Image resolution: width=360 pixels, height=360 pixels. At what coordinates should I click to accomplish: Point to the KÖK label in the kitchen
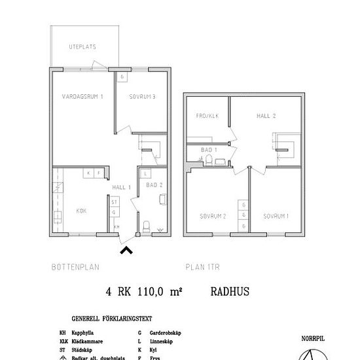pyautogui.click(x=81, y=211)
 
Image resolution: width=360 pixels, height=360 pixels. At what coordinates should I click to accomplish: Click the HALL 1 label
pyautogui.click(x=122, y=188)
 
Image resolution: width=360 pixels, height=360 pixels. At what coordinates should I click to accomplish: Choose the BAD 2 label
pyautogui.click(x=154, y=186)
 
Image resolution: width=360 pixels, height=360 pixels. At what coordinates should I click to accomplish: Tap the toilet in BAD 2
pyautogui.click(x=146, y=227)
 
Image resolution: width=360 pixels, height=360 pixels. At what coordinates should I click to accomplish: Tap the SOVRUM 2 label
pyautogui.click(x=213, y=216)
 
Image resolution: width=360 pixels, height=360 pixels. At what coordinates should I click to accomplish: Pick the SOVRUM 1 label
pyautogui.click(x=276, y=216)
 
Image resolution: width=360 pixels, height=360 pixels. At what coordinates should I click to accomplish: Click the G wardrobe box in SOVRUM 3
pyautogui.click(x=122, y=77)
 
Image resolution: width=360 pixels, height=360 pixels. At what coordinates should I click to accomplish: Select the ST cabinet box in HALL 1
pyautogui.click(x=114, y=202)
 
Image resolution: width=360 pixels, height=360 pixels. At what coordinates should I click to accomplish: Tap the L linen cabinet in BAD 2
pyautogui.click(x=145, y=174)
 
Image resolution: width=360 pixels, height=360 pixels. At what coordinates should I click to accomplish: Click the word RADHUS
pyautogui.click(x=230, y=293)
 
